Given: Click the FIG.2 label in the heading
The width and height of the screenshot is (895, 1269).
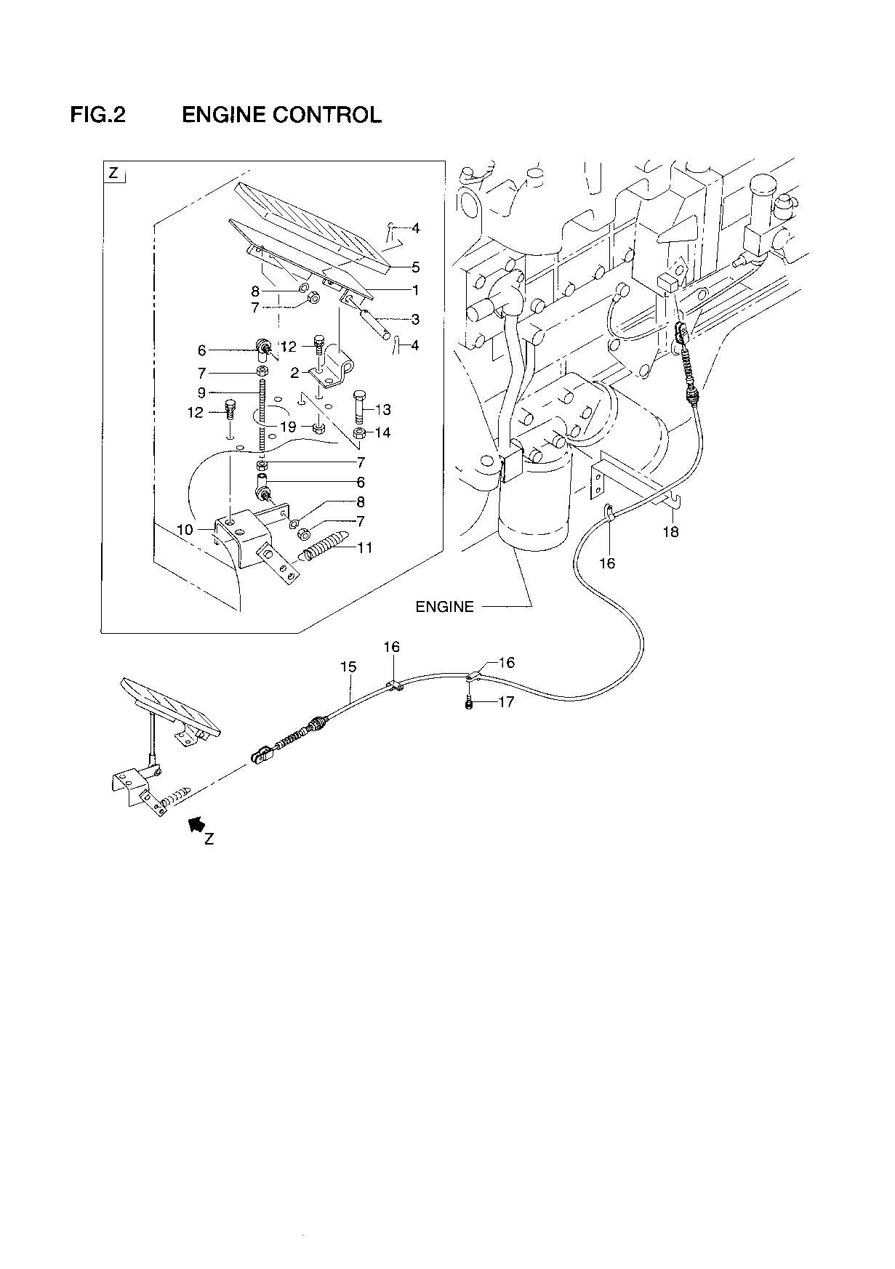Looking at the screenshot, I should (97, 115).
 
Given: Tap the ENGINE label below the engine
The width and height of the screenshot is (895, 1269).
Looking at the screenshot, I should (444, 606).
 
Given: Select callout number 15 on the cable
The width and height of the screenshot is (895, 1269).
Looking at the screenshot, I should (348, 666).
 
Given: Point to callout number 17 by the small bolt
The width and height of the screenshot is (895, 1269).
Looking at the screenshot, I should (506, 702).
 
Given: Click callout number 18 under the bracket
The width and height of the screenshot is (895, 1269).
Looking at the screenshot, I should (670, 531).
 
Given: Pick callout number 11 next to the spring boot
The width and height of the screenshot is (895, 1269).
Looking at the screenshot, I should (364, 547).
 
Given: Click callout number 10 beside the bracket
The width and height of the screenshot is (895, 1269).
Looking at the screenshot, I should (185, 529).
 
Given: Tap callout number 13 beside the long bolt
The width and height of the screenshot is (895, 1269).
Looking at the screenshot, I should (382, 410).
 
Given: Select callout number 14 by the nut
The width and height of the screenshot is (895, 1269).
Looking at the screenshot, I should (382, 433).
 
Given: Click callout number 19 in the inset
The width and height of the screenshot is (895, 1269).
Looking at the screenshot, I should (288, 427).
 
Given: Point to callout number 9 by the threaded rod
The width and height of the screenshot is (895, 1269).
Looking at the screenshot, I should (201, 392).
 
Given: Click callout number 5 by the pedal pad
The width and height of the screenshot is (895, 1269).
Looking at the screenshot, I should (416, 267).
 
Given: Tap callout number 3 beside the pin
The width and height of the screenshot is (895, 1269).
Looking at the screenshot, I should (415, 319).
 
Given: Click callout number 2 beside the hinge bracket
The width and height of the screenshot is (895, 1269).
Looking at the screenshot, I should (294, 373).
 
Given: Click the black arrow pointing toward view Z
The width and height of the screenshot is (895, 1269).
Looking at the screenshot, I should (194, 823).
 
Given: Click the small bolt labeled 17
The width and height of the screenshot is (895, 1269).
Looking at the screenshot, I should (470, 703).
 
